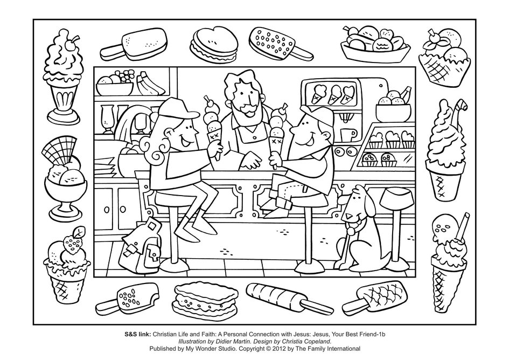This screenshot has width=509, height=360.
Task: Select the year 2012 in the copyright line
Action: (x=279, y=349)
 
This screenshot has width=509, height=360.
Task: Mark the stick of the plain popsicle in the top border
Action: (x=111, y=52)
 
